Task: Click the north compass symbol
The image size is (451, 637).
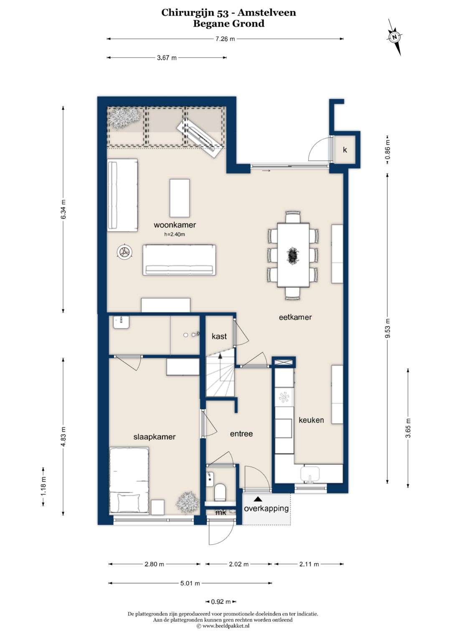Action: pyautogui.click(x=395, y=37)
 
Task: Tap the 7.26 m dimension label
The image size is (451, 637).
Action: pyautogui.click(x=225, y=39)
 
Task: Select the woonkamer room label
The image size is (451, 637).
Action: pyautogui.click(x=175, y=225)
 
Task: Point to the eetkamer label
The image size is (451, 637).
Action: pyautogui.click(x=295, y=317)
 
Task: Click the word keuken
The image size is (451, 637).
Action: pyautogui.click(x=311, y=420)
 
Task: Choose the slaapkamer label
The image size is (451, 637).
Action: pyautogui.click(x=155, y=436)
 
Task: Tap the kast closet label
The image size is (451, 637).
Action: pyautogui.click(x=219, y=336)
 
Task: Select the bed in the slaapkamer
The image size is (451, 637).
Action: pyautogui.click(x=129, y=481)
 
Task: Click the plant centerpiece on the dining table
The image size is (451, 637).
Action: pyautogui.click(x=293, y=255)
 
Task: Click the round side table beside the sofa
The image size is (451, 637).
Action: pyautogui.click(x=124, y=252)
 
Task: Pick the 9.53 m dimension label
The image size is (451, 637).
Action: pyautogui.click(x=388, y=328)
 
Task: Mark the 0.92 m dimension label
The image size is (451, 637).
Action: pyautogui.click(x=221, y=602)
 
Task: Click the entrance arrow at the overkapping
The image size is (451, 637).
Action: pyautogui.click(x=258, y=499)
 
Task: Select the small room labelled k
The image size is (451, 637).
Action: pyautogui.click(x=345, y=150)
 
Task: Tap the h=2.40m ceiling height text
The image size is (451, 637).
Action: pyautogui.click(x=175, y=234)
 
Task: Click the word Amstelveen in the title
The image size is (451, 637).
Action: pyautogui.click(x=267, y=13)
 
